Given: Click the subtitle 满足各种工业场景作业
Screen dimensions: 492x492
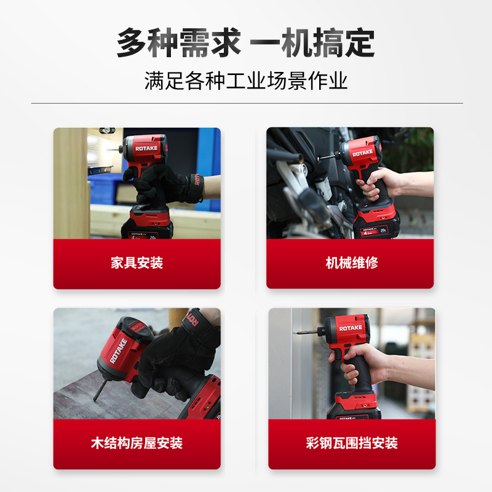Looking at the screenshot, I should (245, 81).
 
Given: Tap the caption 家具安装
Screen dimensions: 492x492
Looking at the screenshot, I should (137, 263).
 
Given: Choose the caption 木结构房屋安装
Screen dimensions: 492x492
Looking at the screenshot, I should (137, 443).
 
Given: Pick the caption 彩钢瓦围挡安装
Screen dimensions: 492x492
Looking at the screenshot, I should (351, 443).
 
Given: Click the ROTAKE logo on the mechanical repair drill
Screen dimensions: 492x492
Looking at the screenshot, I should (362, 152).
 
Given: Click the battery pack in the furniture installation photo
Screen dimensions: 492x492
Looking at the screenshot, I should (148, 224).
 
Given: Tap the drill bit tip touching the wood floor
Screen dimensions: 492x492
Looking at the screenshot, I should (95, 397).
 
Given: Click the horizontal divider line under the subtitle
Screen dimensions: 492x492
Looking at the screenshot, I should (246, 103).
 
